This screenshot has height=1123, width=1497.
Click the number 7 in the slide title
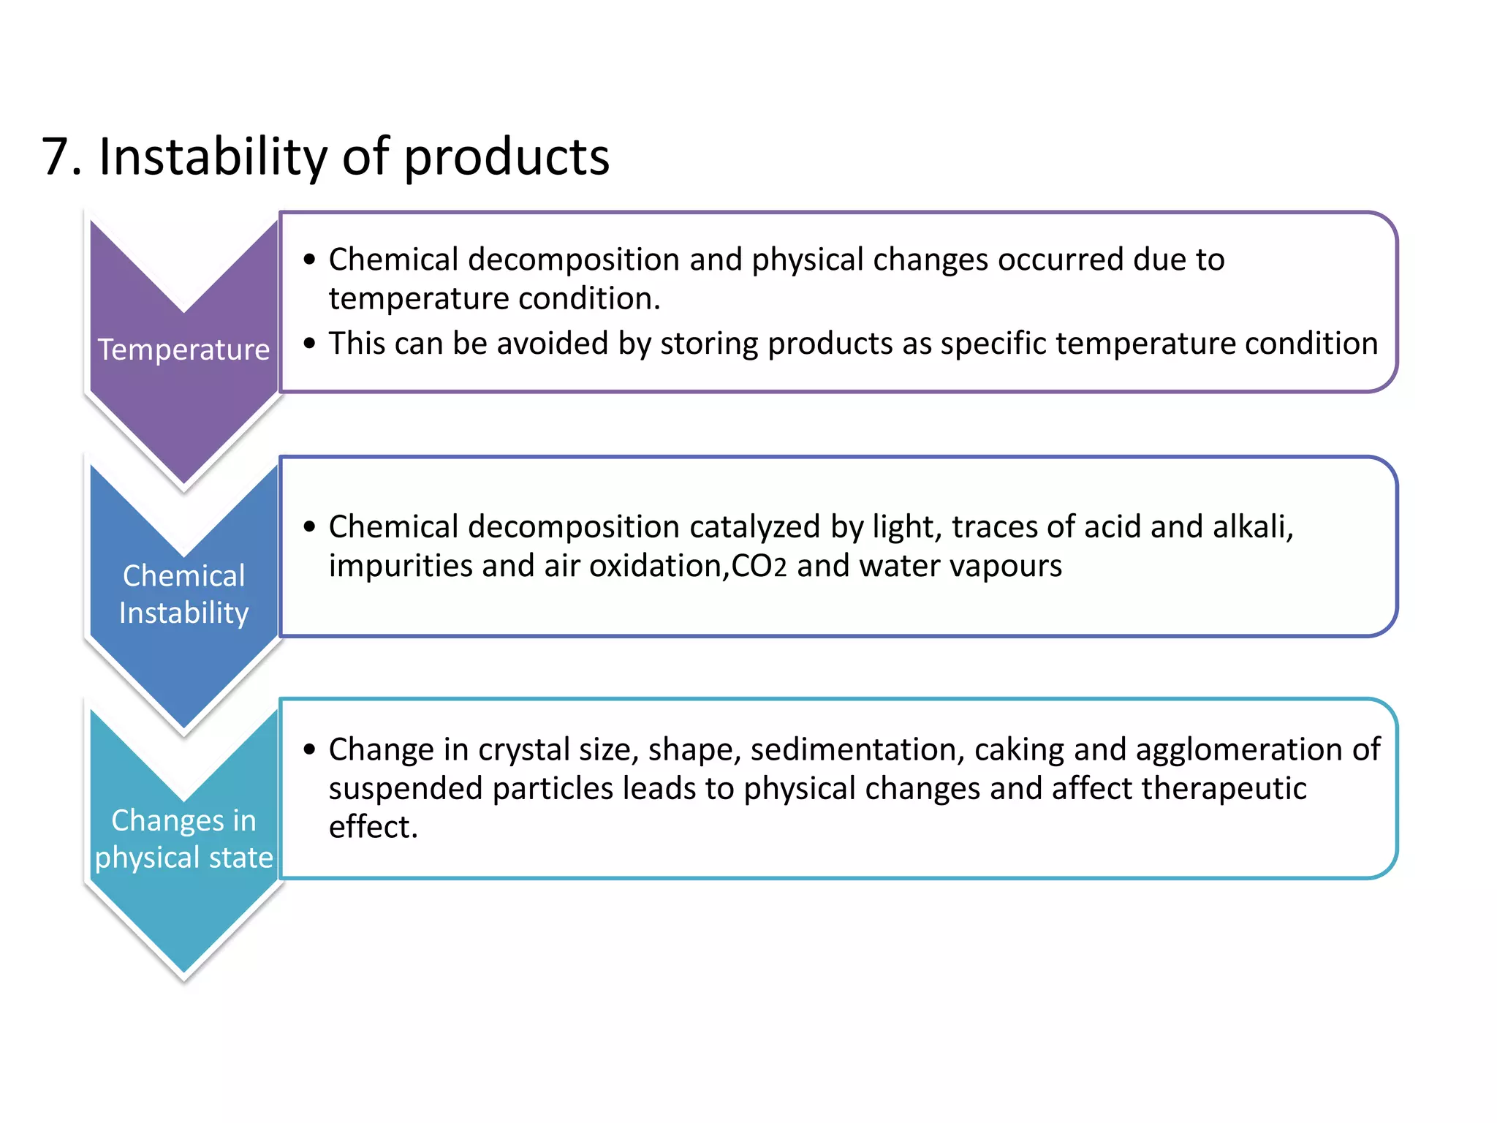[x=57, y=156]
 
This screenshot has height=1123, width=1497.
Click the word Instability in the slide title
[x=213, y=156]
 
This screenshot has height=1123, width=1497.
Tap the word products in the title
[x=506, y=156]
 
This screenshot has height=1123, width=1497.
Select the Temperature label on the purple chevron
[x=183, y=349]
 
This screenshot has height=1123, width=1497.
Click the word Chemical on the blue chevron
[x=183, y=575]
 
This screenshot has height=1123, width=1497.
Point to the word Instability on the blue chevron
[x=183, y=613]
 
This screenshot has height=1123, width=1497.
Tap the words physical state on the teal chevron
[x=183, y=858]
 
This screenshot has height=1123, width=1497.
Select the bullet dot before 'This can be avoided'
[x=309, y=343]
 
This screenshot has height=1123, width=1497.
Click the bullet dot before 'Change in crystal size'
[x=309, y=749]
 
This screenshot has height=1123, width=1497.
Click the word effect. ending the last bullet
[x=373, y=828]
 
